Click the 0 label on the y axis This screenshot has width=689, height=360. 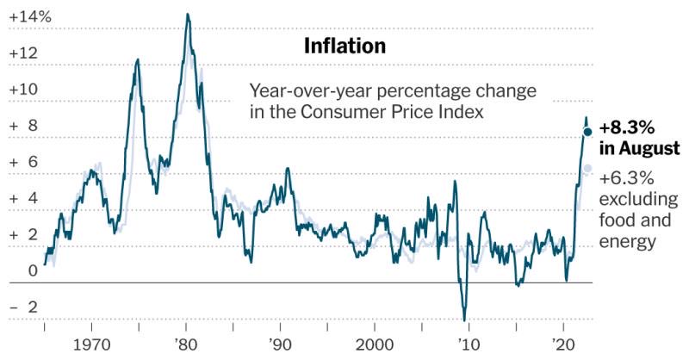[33, 270]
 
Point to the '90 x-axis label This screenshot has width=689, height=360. [280, 342]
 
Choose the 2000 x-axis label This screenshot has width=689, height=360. [374, 342]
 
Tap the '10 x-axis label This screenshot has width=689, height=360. [469, 342]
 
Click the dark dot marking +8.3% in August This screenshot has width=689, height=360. [587, 132]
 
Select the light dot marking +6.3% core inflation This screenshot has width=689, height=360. [587, 168]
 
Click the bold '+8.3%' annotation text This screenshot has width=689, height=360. [627, 127]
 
